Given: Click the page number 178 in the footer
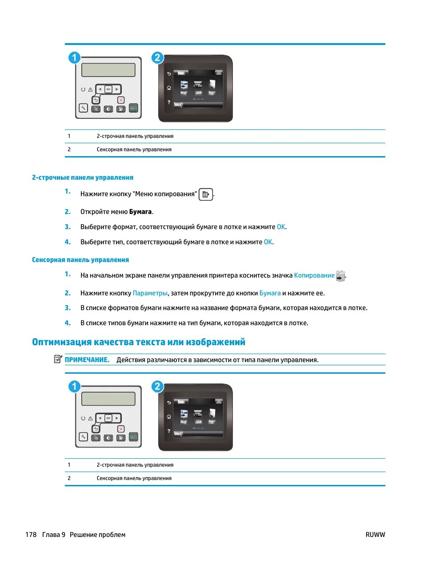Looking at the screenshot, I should (x=31, y=535).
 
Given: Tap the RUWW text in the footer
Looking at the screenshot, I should (x=375, y=535).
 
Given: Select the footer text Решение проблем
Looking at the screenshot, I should (x=97, y=535).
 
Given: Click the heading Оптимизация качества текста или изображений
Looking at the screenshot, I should (x=139, y=342).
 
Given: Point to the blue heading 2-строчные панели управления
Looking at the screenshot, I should (x=83, y=178).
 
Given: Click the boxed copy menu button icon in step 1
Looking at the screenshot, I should (x=206, y=194).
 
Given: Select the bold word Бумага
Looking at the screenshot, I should (x=140, y=212).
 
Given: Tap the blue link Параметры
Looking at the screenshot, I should (x=150, y=293).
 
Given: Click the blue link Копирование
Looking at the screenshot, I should (x=314, y=275).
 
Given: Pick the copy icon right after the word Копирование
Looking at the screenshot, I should (x=340, y=276).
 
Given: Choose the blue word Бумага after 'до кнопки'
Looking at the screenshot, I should (x=270, y=293).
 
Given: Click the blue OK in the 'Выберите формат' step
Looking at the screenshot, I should (x=281, y=227).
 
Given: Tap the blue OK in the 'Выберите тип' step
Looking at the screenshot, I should (x=268, y=242).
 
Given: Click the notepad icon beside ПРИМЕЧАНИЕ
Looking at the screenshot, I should (x=58, y=359).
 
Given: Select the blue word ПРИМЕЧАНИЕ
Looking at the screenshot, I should (x=87, y=360).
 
